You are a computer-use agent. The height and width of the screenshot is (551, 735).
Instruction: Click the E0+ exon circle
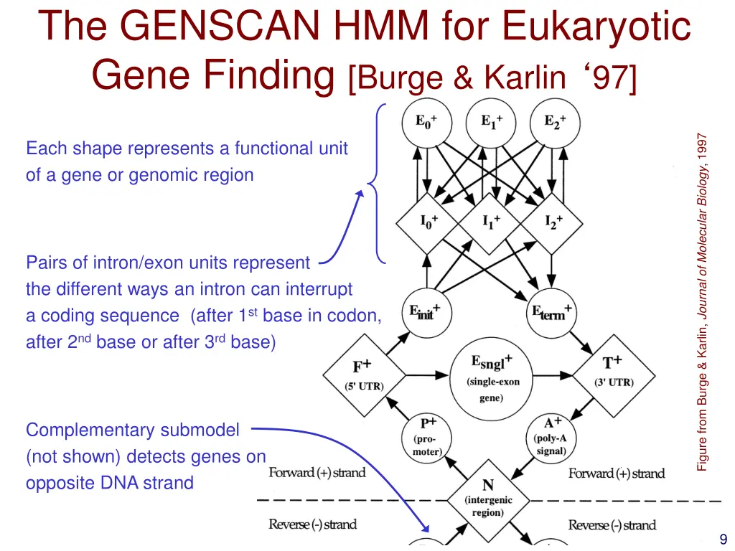click(x=428, y=123)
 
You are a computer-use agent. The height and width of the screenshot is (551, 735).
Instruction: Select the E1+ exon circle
click(x=490, y=123)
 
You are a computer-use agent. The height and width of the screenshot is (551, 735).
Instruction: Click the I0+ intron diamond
click(x=429, y=222)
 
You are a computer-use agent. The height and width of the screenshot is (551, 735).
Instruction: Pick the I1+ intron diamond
click(x=491, y=222)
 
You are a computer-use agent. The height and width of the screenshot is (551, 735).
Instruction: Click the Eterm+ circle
click(x=551, y=313)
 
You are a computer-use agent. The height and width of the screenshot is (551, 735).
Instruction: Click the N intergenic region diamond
click(x=487, y=498)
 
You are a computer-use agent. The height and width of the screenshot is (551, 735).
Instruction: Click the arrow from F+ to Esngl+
click(x=423, y=375)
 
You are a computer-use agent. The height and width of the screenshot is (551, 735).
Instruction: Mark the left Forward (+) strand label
click(x=317, y=473)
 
